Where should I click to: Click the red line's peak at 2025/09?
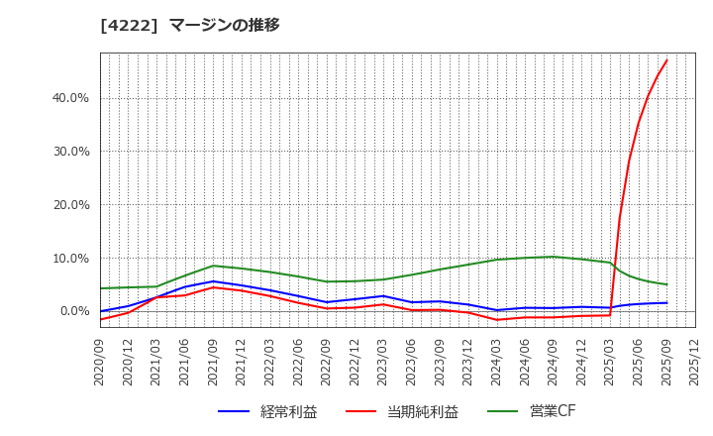(666, 60)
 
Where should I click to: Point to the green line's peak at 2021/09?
(213, 266)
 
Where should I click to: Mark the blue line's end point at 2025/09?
(666, 303)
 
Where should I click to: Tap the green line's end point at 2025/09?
(666, 284)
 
